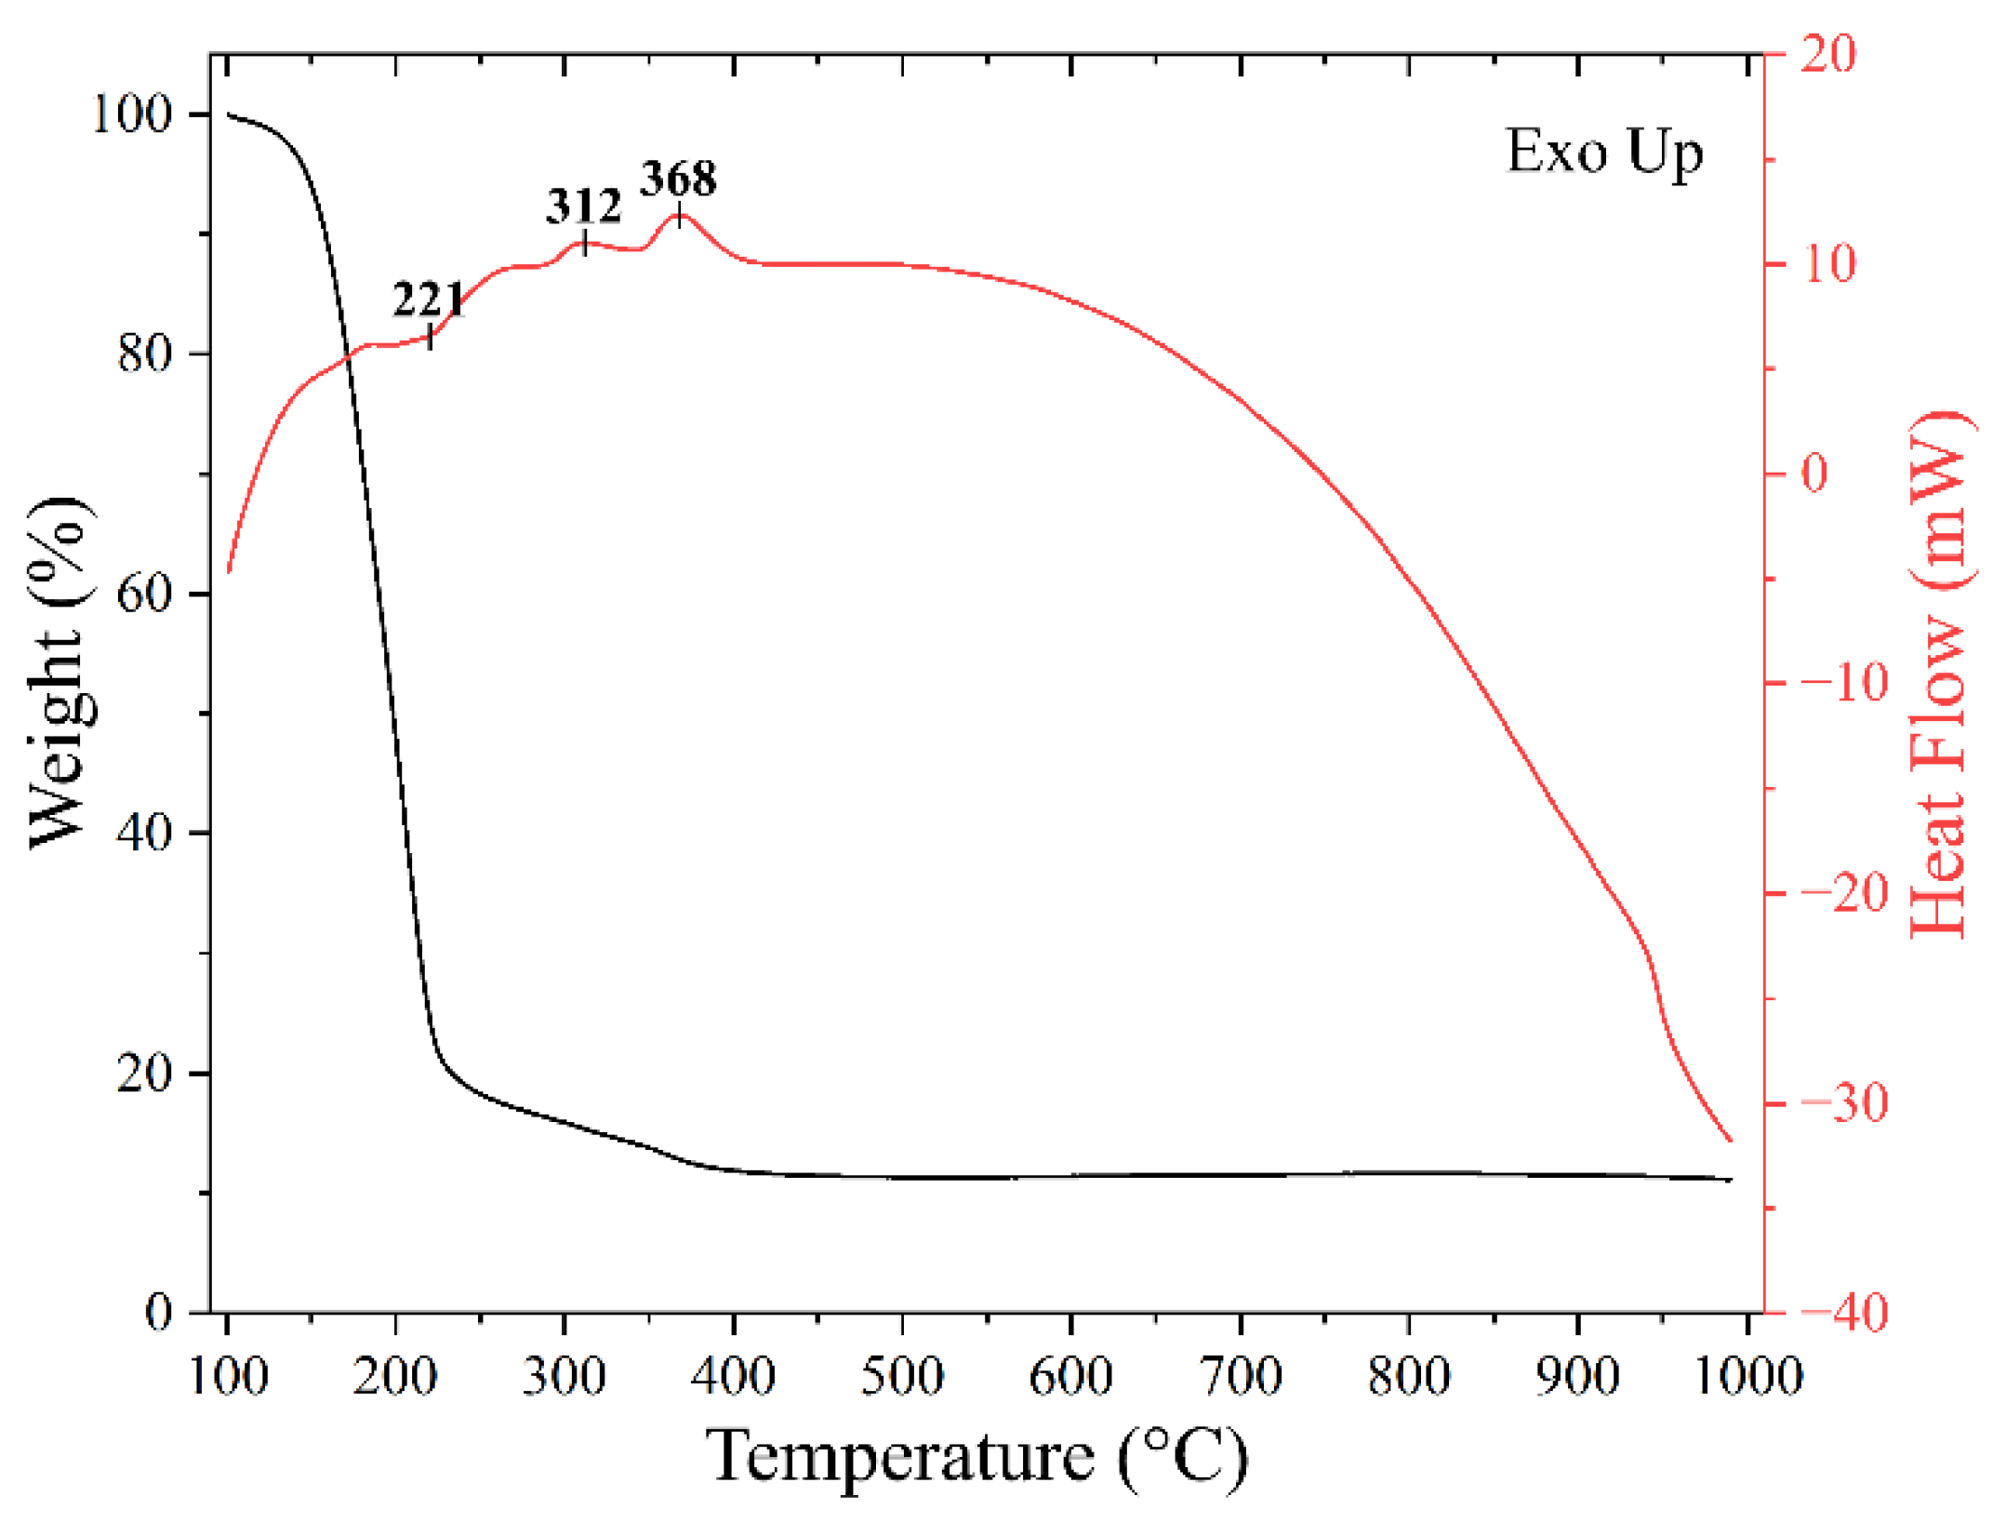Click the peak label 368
tap(678, 178)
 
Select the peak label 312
tap(583, 206)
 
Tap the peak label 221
tap(428, 300)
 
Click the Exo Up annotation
tap(1603, 152)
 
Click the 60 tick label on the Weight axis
tap(145, 594)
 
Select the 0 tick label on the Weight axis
tap(159, 1312)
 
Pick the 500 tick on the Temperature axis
tap(901, 1376)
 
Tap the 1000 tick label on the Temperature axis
tap(1747, 1376)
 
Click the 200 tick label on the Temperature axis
tap(395, 1376)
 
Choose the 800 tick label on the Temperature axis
tap(1409, 1376)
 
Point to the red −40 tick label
tap(1844, 1313)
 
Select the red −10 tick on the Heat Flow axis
tap(1844, 683)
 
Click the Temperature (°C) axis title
tap(976, 1457)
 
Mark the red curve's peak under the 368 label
tap(680, 216)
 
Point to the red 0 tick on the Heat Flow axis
tap(1814, 474)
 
